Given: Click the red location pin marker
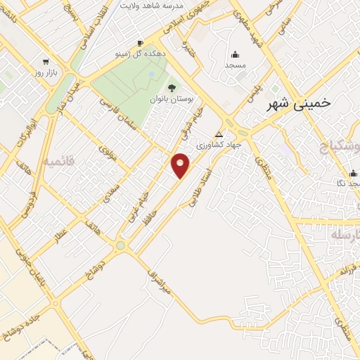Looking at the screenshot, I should (181, 165).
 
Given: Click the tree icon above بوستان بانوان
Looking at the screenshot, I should (171, 88).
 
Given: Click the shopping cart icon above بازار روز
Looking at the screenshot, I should (46, 61).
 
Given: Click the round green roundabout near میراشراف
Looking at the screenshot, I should (120, 245).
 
